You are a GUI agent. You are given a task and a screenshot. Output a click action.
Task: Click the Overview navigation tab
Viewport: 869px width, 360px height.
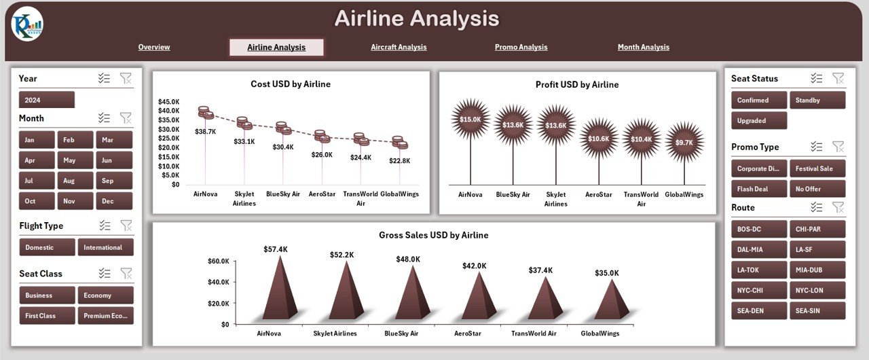[x=154, y=48]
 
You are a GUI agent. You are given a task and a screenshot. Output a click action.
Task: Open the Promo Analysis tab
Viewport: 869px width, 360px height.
[x=521, y=48]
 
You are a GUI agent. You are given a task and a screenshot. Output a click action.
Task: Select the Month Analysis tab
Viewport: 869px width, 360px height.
[x=643, y=48]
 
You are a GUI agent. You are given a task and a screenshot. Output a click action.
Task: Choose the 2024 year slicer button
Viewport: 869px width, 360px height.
[x=46, y=100]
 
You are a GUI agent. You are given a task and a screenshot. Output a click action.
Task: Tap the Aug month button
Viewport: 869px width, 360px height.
[x=75, y=181]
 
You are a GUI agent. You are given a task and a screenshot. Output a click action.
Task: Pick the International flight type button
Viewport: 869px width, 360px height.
[x=105, y=247]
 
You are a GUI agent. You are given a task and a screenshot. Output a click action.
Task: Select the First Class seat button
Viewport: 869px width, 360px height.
[x=47, y=316]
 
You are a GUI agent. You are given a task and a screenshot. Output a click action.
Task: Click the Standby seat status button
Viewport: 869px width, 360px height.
[x=817, y=101]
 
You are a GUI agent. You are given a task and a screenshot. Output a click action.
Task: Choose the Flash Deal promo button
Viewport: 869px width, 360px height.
[x=759, y=189]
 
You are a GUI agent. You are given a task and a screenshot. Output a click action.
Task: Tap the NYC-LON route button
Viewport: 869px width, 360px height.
[x=817, y=291]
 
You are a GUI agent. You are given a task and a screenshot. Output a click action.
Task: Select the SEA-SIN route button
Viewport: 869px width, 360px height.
[x=817, y=311]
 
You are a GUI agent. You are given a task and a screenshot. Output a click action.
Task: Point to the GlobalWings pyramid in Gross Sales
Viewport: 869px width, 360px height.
[x=613, y=301]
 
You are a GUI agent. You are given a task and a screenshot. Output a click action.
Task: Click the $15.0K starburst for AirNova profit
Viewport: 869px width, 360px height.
[x=470, y=120]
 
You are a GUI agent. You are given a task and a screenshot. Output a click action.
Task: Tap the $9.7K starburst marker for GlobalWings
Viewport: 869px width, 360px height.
[x=684, y=142]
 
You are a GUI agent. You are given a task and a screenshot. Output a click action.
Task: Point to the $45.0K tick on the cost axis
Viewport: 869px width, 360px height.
[x=169, y=101]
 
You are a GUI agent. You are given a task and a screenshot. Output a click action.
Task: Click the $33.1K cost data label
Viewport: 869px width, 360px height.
[x=244, y=141]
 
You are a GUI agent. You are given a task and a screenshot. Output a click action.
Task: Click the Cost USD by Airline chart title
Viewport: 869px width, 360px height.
[x=291, y=84]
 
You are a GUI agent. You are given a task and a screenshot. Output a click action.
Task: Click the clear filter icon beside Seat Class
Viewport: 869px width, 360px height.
[x=126, y=273]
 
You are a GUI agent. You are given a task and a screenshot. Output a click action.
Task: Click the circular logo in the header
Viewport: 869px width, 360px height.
[x=28, y=24]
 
